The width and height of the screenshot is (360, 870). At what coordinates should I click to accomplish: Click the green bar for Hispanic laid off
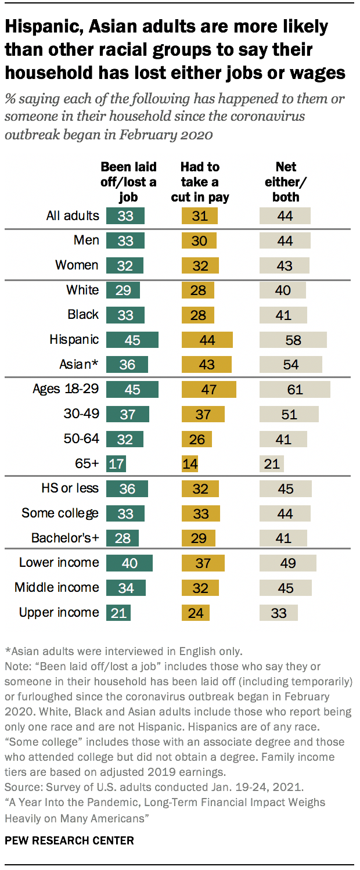(x=132, y=340)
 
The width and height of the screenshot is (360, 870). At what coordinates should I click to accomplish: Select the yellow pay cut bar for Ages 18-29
(x=209, y=389)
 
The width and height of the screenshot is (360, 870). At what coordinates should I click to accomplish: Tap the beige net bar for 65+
(x=271, y=463)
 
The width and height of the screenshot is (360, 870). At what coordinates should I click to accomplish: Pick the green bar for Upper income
(x=118, y=612)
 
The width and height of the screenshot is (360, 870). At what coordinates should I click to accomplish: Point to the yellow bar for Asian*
(x=206, y=364)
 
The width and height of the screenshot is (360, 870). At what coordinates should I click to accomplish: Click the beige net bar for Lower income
(x=287, y=563)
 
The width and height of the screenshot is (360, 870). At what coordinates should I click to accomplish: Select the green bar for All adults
(x=125, y=216)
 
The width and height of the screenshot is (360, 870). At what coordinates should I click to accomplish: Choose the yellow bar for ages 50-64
(x=197, y=438)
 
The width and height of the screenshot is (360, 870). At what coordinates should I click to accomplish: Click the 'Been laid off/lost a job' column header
(x=128, y=182)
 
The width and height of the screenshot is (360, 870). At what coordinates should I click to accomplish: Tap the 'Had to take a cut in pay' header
(x=200, y=182)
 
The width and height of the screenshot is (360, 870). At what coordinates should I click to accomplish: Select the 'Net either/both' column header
(x=286, y=182)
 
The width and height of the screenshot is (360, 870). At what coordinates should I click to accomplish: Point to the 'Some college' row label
(x=60, y=513)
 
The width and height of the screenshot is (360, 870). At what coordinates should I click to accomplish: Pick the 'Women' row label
(x=77, y=265)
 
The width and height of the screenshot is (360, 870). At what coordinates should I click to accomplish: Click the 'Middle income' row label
(x=56, y=587)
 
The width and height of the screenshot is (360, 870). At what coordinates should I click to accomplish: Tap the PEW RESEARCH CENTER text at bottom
(x=69, y=840)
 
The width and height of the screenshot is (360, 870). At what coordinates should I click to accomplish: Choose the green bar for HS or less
(x=127, y=488)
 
